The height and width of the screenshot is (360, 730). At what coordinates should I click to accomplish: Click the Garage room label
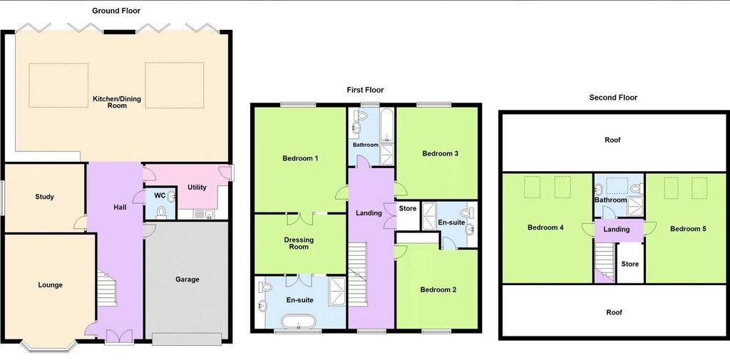tap(187, 279)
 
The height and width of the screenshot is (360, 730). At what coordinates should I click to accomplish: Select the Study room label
tap(45, 197)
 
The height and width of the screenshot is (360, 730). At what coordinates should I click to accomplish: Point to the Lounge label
tap(51, 285)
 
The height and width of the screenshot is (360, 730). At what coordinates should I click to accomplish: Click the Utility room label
tap(197, 187)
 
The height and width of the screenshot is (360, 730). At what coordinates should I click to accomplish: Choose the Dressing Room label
tap(299, 243)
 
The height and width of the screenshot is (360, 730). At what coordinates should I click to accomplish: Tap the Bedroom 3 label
tap(437, 154)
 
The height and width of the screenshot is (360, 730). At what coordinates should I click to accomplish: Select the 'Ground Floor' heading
tap(116, 10)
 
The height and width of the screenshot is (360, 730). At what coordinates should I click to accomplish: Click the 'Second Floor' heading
tap(613, 98)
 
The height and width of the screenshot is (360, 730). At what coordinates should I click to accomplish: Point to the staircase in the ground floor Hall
tap(107, 289)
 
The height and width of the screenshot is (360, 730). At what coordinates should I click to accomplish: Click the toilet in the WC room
tap(161, 212)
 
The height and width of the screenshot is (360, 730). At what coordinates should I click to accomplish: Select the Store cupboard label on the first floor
tap(407, 209)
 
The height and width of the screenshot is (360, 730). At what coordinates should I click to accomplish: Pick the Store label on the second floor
tap(630, 264)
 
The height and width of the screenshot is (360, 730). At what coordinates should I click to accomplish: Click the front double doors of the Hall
tap(119, 336)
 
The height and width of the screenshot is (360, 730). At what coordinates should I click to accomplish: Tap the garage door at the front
tap(187, 339)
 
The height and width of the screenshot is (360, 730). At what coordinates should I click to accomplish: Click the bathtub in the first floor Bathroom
tap(387, 125)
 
